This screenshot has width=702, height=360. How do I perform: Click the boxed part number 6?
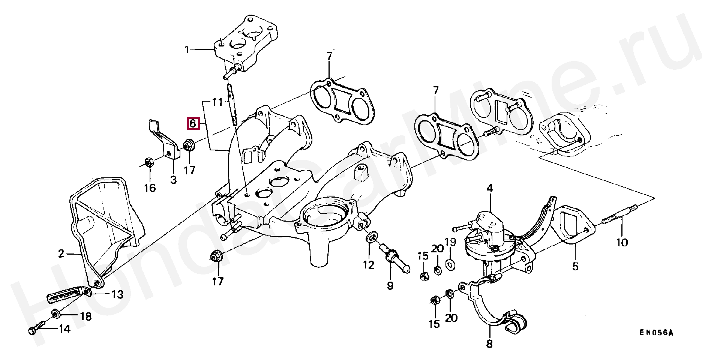pyautogui.click(x=193, y=123)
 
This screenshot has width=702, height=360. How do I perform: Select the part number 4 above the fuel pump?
pyautogui.click(x=490, y=188)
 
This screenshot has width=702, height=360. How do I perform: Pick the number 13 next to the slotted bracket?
pyautogui.click(x=117, y=295)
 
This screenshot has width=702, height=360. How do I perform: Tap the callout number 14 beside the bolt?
pyautogui.click(x=64, y=330)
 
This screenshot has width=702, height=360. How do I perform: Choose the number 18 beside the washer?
pyautogui.click(x=85, y=317)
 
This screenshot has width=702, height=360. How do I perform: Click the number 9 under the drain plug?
pyautogui.click(x=390, y=286)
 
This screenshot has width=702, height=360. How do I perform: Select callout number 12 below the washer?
pyautogui.click(x=368, y=265)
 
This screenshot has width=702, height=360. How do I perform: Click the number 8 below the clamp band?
pyautogui.click(x=489, y=343)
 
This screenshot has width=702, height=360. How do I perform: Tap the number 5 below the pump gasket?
pyautogui.click(x=575, y=266)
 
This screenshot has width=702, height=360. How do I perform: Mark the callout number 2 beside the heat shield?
pyautogui.click(x=61, y=254)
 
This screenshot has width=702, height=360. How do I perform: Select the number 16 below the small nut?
pyautogui.click(x=150, y=187)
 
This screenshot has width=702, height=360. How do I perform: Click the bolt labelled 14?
pyautogui.click(x=36, y=328)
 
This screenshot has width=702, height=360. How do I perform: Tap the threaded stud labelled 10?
pyautogui.click(x=619, y=222)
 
